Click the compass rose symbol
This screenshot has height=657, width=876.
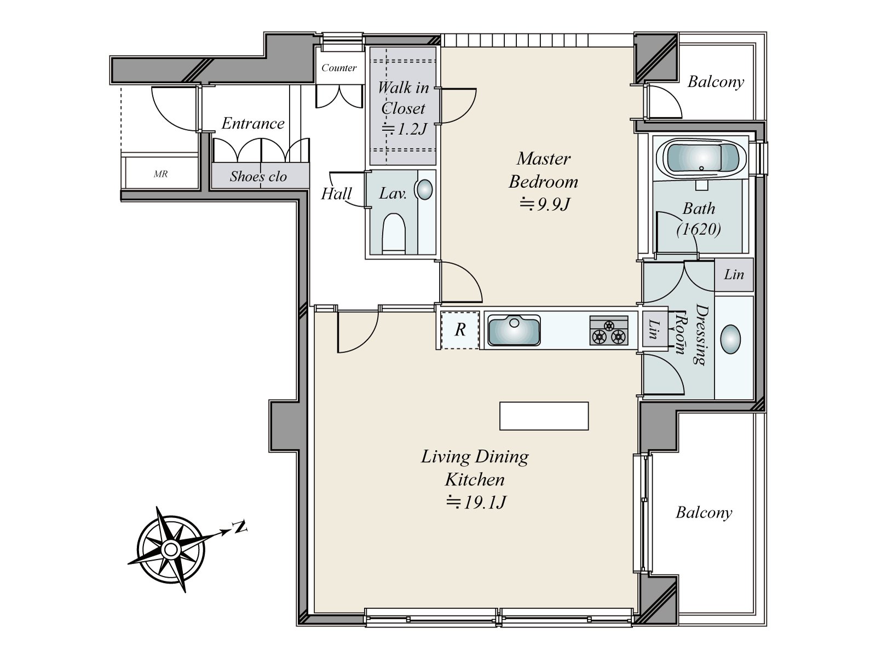171,549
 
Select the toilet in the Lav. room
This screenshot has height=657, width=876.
394,233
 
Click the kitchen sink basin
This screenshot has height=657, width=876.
514,330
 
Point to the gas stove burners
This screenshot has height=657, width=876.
609,331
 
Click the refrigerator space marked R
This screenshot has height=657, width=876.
460,330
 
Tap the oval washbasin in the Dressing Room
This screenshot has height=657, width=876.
730,339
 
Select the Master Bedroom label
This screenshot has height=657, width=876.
544,170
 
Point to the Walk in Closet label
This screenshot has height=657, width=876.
403,98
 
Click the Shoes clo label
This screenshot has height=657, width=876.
258,176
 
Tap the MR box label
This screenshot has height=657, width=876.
161,174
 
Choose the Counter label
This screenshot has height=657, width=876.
339,68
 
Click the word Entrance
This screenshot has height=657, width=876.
253,123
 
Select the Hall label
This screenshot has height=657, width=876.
336,194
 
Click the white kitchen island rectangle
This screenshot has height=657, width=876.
544,416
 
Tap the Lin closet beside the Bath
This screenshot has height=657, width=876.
734,274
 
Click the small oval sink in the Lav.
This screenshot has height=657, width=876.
424,189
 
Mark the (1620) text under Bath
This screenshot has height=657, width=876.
699,229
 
